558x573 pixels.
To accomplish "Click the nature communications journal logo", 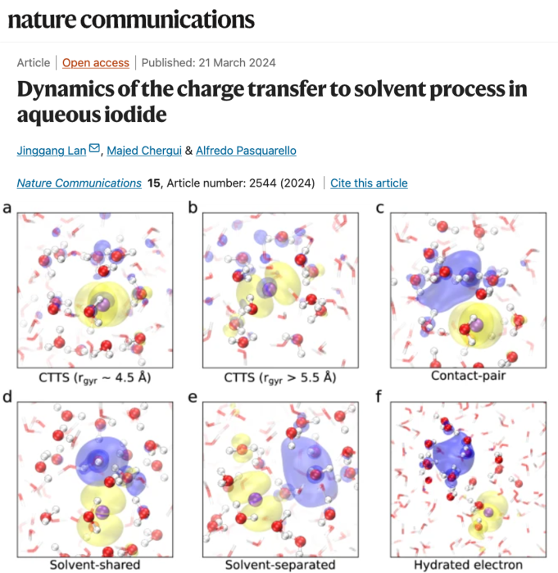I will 131,19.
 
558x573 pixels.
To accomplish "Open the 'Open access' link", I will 96,62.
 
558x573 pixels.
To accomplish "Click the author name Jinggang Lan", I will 52,150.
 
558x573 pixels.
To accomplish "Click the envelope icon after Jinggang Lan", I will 94,149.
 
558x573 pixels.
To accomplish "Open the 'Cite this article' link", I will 369,183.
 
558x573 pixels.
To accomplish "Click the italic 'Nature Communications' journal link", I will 79,183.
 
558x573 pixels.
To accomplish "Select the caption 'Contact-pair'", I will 468,377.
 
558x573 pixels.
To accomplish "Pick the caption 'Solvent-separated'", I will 280,565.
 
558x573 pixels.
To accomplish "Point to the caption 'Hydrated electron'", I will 468,565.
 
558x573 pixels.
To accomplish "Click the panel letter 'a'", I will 7,208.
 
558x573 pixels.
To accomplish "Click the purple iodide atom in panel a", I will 106,301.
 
